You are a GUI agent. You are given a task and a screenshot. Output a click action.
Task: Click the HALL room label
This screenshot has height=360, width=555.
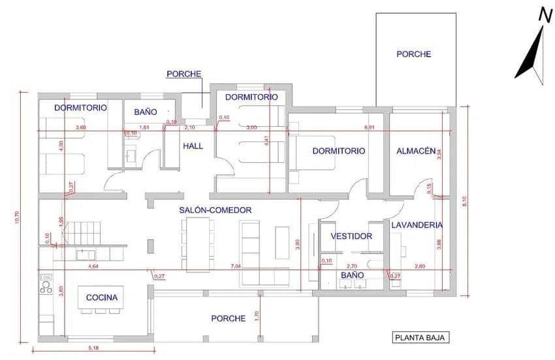click(x=193, y=146)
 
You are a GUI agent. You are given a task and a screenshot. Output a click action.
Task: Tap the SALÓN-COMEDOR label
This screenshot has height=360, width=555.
click(x=215, y=210)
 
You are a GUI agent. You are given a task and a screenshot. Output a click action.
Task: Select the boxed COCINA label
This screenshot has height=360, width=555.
click(x=102, y=298)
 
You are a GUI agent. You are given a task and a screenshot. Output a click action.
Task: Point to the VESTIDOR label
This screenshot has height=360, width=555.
click(x=351, y=237)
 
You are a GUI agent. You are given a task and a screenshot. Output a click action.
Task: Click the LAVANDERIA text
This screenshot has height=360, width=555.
click(x=417, y=225)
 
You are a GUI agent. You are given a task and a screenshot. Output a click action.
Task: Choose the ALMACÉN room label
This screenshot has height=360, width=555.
click(x=416, y=151)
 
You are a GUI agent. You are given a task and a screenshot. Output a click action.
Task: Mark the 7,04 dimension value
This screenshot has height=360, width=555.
click(x=236, y=267)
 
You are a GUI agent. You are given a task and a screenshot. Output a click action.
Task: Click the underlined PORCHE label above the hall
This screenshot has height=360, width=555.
click(x=183, y=74)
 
